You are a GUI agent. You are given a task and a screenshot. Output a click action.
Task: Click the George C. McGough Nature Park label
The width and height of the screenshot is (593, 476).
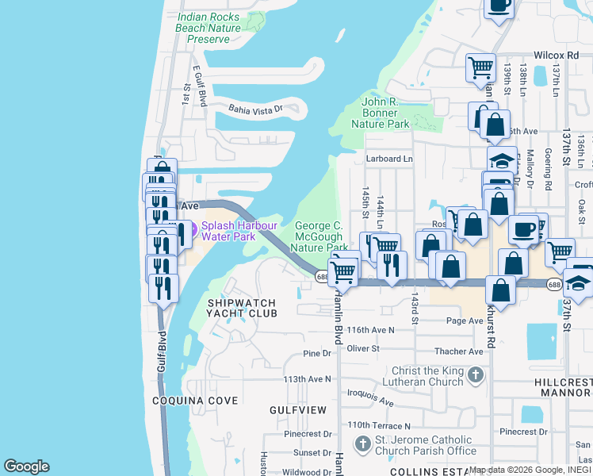(319, 236)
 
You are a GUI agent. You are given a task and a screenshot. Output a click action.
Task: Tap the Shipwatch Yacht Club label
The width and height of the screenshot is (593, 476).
(242, 308)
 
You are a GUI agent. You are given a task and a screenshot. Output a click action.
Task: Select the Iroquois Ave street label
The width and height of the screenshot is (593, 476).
(370, 402)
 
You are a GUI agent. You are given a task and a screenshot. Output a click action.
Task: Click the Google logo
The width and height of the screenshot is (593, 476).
(26, 466)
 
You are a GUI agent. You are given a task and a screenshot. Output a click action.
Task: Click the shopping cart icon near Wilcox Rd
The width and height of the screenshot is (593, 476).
(480, 66)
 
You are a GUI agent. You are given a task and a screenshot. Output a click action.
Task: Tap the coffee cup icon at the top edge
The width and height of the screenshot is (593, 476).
(499, 6)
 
